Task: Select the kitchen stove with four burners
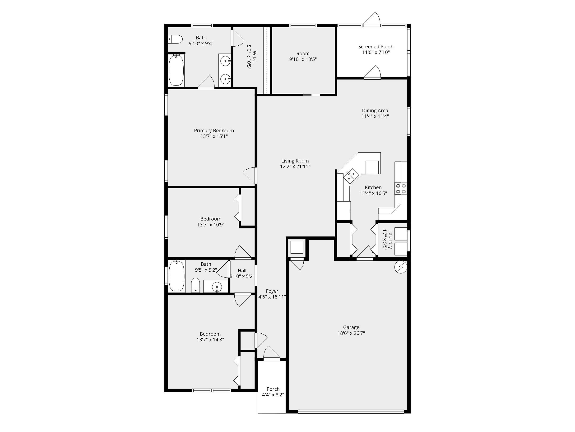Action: coord(401,188)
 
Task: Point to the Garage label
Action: coord(351,327)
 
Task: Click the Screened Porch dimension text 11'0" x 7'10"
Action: coord(376,52)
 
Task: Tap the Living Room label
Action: coord(295,161)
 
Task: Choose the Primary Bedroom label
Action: coord(214,131)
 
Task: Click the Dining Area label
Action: coord(375,111)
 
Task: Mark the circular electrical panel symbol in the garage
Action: coord(401,267)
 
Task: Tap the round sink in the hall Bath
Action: coord(217,287)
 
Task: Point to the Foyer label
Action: coord(272,291)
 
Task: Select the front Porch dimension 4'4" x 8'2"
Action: coord(273,395)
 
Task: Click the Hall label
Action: coord(242,271)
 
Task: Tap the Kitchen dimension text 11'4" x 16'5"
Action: coord(373,193)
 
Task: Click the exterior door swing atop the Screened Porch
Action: coord(372,19)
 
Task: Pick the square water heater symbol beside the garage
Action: coord(297,247)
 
